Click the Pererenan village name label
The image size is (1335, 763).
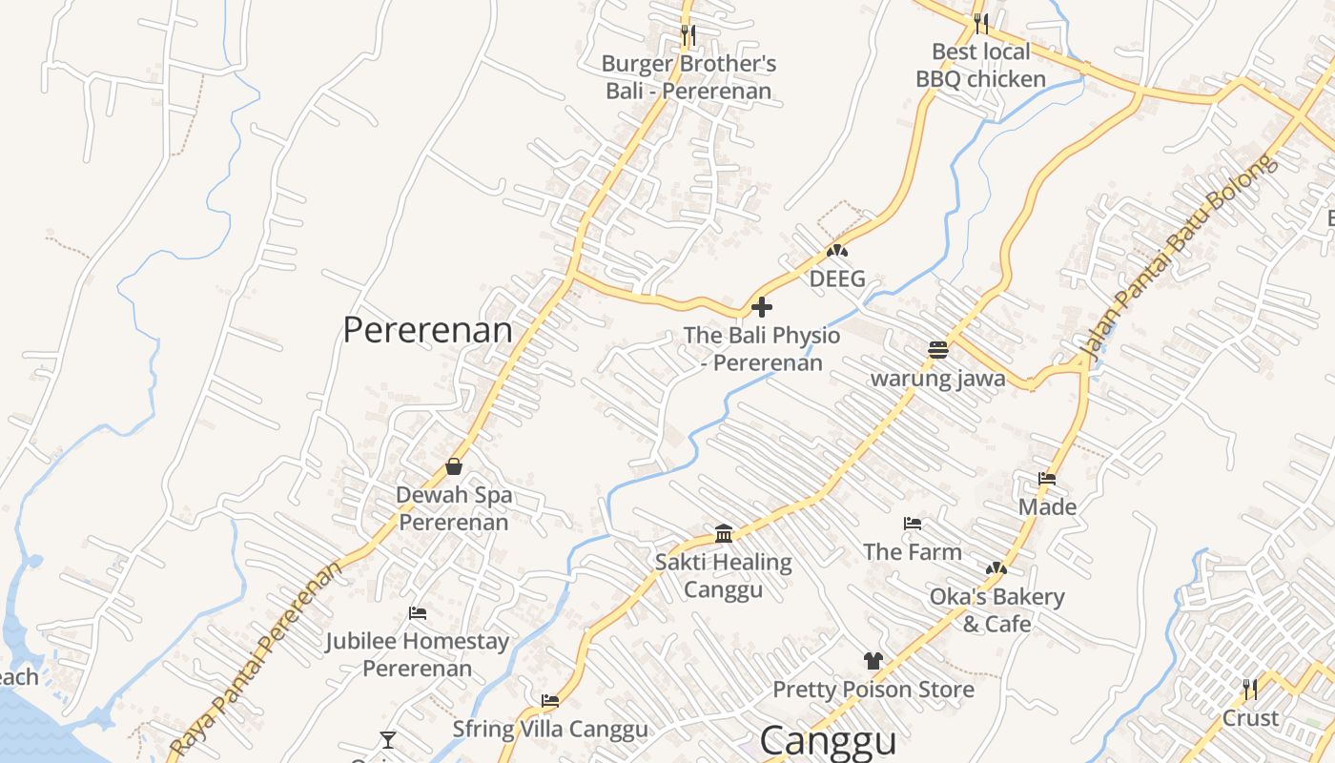pos(427,330)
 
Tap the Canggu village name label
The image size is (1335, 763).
pos(828,741)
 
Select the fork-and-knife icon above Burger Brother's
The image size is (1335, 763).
pos(688,35)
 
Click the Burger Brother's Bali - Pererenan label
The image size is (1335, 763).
pos(688,77)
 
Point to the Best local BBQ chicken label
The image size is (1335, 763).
pos(980,65)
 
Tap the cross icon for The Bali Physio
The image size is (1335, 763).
pos(762,307)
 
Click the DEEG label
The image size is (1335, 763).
pos(837,278)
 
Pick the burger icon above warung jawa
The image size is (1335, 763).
pos(937,350)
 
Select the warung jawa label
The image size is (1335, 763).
pos(937,379)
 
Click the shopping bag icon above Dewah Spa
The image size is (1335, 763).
pos(454,466)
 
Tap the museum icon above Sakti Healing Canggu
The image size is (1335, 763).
pos(723,533)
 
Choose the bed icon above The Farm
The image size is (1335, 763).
pos(913,524)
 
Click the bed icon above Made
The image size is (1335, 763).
pos(1047,479)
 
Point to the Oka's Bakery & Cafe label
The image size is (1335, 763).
pos(996,610)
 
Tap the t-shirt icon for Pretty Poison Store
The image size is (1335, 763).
pos(873,660)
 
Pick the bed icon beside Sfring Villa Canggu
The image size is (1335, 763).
pos(550,701)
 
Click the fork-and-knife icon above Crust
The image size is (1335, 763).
pos(1249,689)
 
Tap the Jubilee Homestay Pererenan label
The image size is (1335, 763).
pos(418,654)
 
